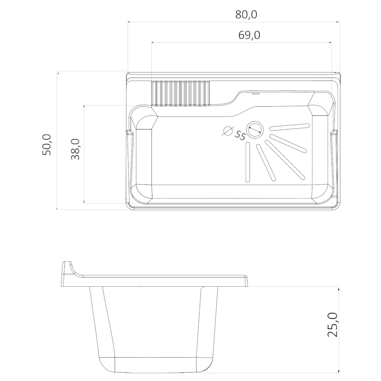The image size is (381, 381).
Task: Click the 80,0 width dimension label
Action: pos(246,15)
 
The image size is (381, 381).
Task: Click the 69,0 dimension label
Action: pos(249,35)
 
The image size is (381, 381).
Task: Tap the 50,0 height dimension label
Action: pos(47,145)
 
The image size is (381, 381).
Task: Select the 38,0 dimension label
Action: pos(75,149)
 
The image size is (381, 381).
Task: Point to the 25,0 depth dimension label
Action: pos(332,325)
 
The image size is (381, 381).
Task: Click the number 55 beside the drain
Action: pos(240,135)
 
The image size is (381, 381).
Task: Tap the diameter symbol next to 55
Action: pos(228,130)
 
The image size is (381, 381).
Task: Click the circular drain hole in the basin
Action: pos(255,130)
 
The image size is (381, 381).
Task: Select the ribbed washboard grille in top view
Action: pos(180,93)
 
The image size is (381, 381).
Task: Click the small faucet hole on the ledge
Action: pos(255,93)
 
